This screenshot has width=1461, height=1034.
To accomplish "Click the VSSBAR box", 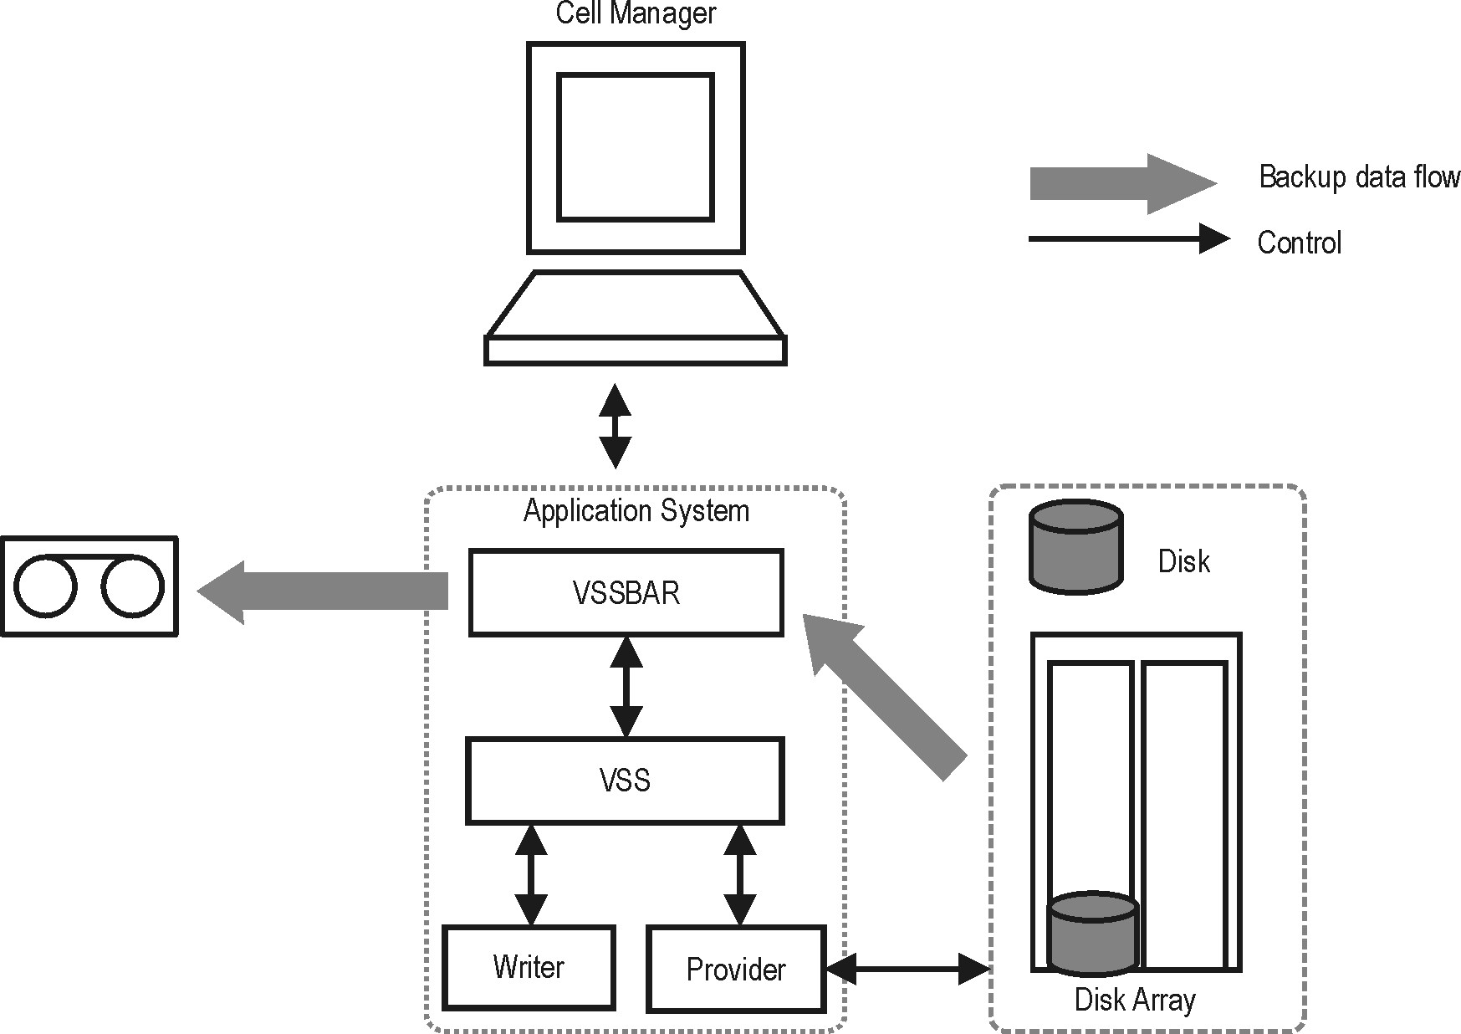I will click(x=626, y=592).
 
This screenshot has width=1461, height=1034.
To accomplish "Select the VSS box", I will click(x=625, y=780).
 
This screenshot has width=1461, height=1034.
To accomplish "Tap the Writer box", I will click(x=529, y=967).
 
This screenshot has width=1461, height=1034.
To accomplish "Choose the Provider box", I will click(x=736, y=969).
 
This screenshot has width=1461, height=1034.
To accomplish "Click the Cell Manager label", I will click(x=636, y=13).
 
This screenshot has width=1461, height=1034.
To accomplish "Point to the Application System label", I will click(x=636, y=510).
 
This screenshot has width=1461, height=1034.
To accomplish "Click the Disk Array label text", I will click(x=1135, y=1000).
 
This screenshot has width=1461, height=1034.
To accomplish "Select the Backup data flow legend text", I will click(x=1359, y=177).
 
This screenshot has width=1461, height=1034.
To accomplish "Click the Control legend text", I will click(x=1299, y=243).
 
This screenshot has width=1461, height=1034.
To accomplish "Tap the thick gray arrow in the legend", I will click(x=1121, y=183).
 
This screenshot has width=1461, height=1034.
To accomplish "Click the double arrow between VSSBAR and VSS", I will click(x=626, y=686).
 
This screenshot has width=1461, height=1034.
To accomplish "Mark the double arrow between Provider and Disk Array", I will click(x=908, y=969).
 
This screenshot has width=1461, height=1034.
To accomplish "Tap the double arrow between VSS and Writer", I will click(x=531, y=874).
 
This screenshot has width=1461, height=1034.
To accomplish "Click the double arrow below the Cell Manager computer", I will click(x=616, y=426).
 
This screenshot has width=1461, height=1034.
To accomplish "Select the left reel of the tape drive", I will click(x=46, y=586).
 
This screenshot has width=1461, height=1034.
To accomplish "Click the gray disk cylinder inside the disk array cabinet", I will click(x=1092, y=933).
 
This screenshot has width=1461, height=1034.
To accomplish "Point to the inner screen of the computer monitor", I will click(x=636, y=146).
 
